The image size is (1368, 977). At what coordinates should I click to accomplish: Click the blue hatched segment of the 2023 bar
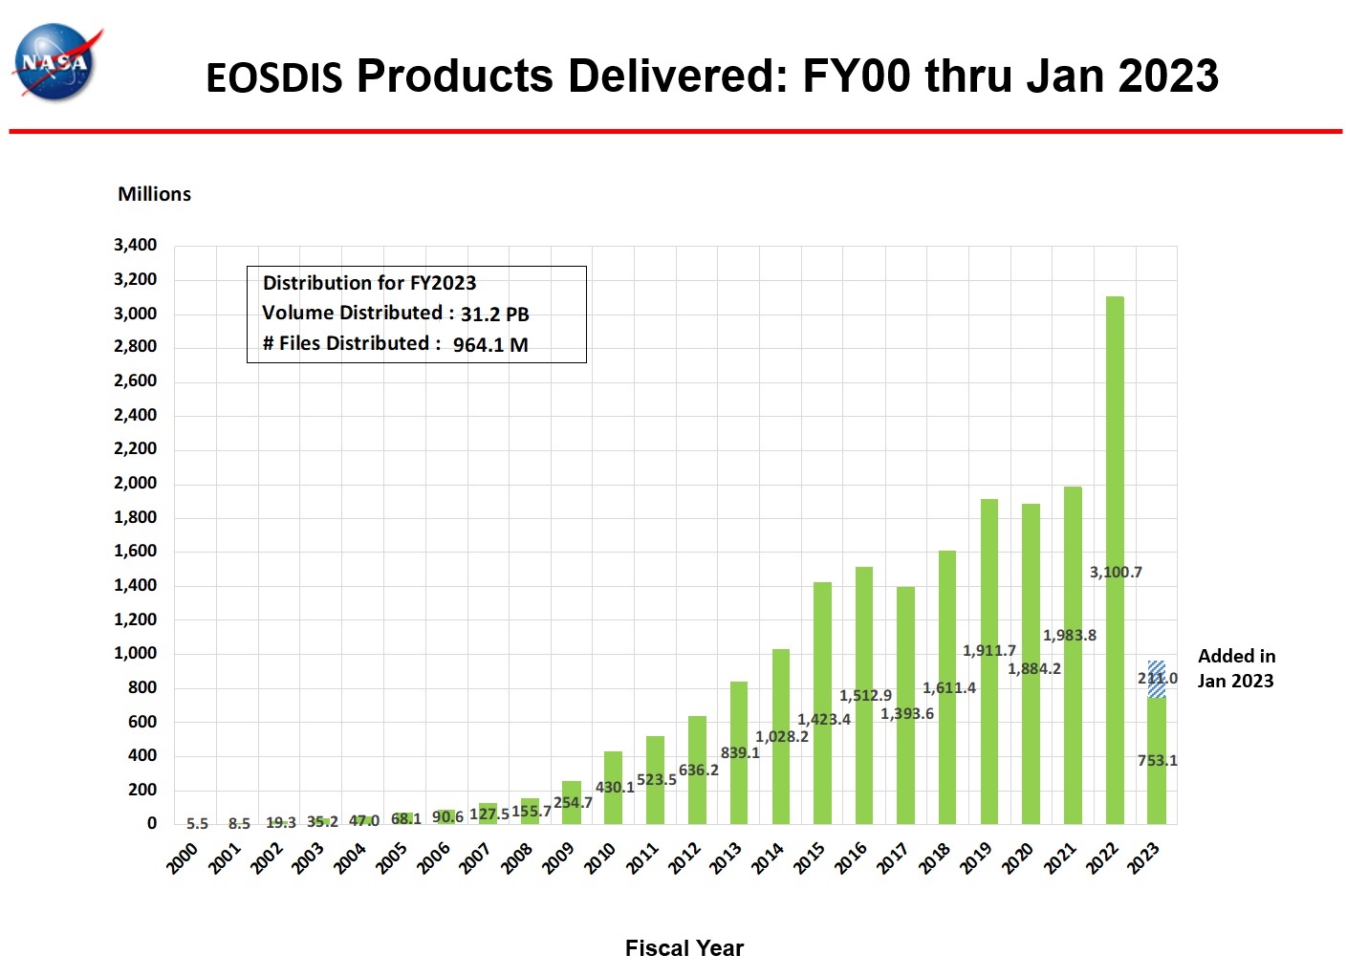[x=1157, y=679]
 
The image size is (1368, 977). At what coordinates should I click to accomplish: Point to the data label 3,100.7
[x=1116, y=573]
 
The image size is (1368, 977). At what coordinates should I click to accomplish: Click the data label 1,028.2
[x=782, y=737]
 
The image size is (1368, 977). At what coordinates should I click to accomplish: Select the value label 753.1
[x=1157, y=761]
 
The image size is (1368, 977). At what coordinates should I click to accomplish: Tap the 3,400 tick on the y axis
[x=135, y=245]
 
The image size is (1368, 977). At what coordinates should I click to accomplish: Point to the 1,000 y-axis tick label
[x=135, y=654]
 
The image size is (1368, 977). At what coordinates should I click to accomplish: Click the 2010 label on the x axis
[x=600, y=858]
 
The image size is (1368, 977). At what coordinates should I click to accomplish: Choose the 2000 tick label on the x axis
[x=183, y=858]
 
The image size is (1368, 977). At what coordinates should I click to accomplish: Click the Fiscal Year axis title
[x=684, y=948]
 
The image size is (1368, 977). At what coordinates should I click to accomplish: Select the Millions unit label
[x=154, y=194]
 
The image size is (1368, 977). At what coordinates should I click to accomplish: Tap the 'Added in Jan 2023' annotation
[x=1236, y=668]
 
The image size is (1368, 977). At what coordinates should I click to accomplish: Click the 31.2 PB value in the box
[x=494, y=315]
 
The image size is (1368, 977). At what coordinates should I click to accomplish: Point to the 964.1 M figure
[x=489, y=345]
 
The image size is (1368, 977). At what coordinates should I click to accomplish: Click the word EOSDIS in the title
[x=273, y=78]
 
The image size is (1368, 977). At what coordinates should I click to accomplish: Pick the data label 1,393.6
[x=906, y=714]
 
